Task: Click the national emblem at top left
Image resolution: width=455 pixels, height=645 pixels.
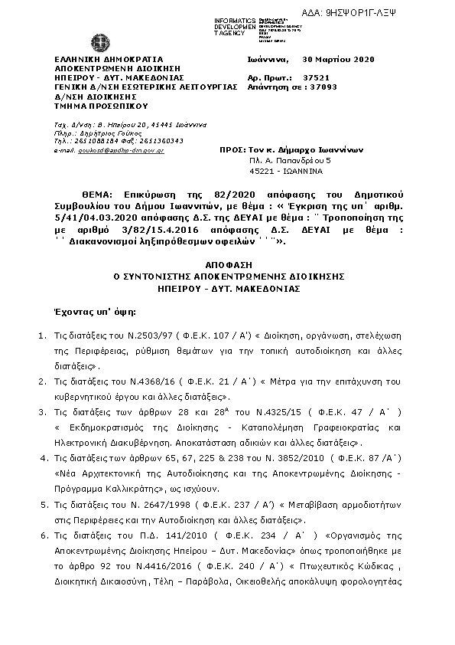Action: pos(99,42)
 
